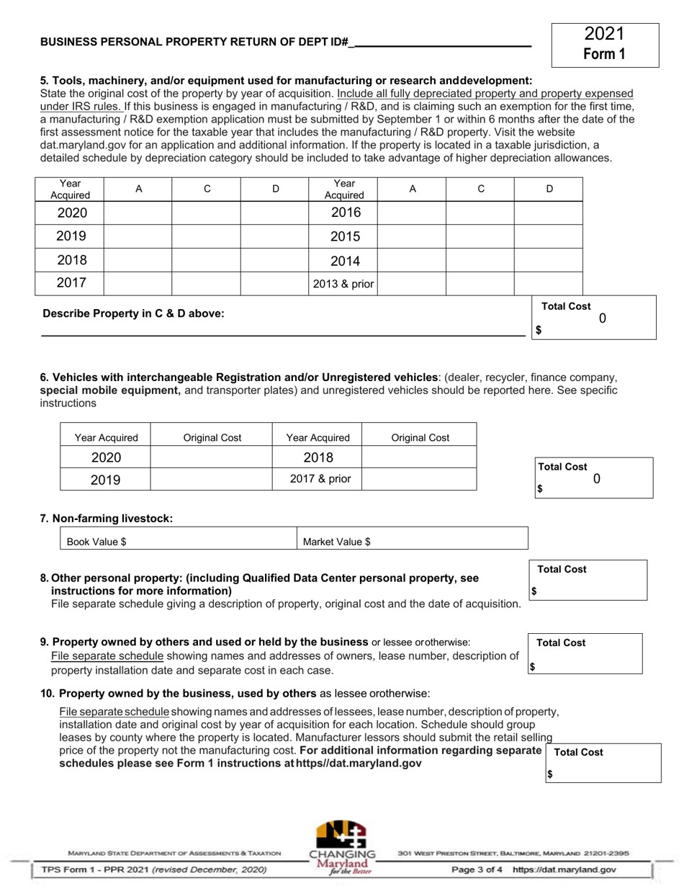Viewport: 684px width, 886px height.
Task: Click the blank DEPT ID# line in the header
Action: coord(443,42)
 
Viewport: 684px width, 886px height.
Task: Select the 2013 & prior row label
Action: coord(343,284)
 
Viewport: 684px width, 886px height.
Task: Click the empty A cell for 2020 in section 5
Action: coord(138,212)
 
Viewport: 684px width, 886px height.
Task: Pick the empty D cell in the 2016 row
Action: coord(548,212)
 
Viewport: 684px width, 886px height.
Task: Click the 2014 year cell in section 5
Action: coord(343,260)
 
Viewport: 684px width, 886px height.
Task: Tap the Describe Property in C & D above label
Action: coord(133,313)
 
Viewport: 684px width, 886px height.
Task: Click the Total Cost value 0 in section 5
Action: coord(602,318)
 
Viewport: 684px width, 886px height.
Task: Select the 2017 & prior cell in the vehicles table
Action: coord(316,479)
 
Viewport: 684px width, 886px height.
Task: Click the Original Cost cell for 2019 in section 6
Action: coord(212,479)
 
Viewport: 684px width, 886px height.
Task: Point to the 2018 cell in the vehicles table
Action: coord(318,457)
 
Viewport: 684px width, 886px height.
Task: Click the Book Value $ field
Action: coord(178,541)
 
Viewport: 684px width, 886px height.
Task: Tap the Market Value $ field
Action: coord(413,541)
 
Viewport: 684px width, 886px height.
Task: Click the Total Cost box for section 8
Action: coord(588,580)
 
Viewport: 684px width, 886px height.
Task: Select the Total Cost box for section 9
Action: coord(585,653)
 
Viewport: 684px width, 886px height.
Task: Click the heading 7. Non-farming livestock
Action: coord(107,518)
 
